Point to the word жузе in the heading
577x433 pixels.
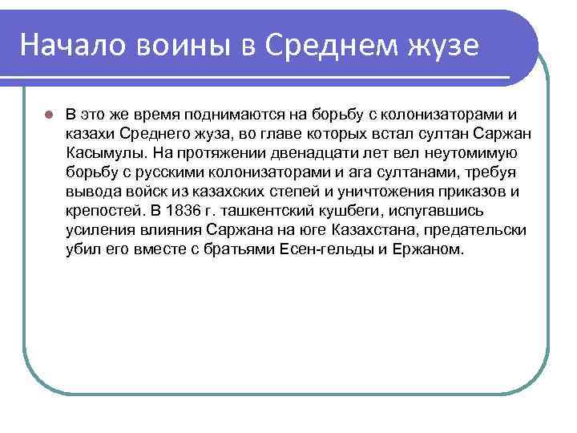pos(442,46)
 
